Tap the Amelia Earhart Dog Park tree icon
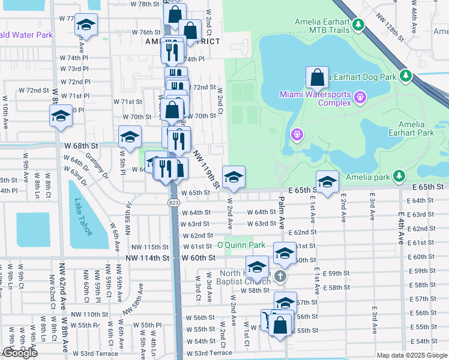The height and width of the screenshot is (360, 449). pyautogui.click(x=406, y=76)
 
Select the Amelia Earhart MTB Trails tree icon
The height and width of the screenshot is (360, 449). pyautogui.click(x=358, y=25)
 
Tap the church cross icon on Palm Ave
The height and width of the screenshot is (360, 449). pyautogui.click(x=280, y=277)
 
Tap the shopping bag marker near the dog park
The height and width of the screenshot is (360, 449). pyautogui.click(x=317, y=78)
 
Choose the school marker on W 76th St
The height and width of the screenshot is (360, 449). pyautogui.click(x=86, y=26)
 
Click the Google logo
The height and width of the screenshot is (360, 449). pyautogui.click(x=20, y=353)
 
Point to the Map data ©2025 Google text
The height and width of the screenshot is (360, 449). pyautogui.click(x=411, y=355)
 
